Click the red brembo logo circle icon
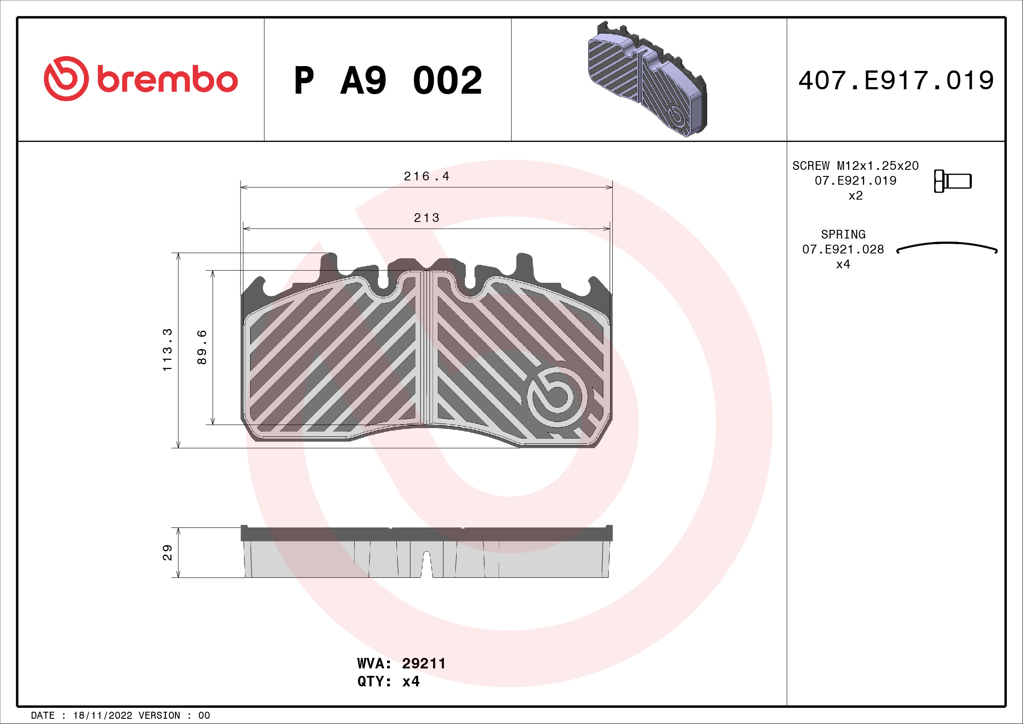coord(66,78)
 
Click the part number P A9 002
coord(388,81)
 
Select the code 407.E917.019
coord(896,81)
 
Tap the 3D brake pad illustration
coord(647,79)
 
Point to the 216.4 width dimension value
coord(426,176)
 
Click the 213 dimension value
coord(426,218)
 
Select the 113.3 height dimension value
coord(167,350)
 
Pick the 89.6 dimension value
coord(202,347)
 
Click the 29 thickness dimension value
coord(167,552)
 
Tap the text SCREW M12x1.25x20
coord(855,166)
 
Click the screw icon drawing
coord(953,181)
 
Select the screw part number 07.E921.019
coord(855,180)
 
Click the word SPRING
coord(843,235)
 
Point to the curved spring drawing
coord(947,246)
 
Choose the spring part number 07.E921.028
coord(843,249)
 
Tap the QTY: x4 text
coord(388,682)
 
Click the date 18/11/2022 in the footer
coord(102,716)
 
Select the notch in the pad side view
coord(426,564)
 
